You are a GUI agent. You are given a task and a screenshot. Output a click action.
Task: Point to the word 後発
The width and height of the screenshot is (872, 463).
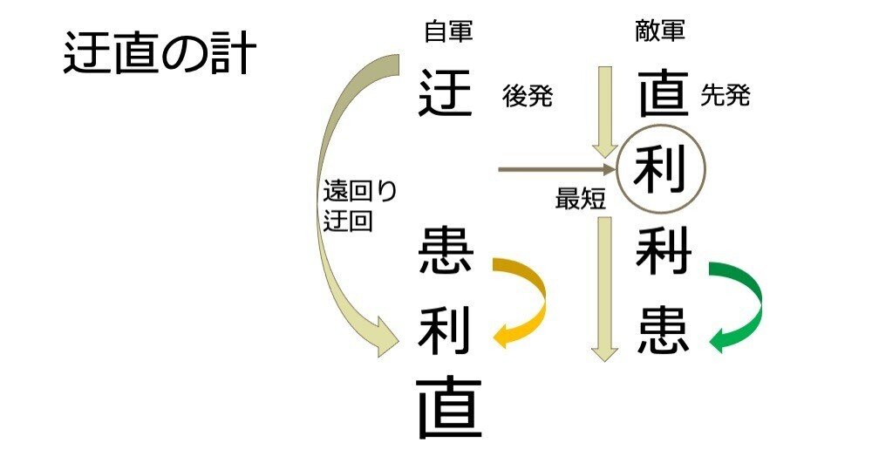pyautogui.click(x=528, y=96)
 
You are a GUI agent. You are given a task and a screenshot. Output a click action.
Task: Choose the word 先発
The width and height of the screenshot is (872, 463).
pyautogui.click(x=726, y=96)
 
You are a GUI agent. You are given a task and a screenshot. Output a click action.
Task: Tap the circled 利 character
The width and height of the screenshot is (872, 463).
pyautogui.click(x=660, y=169)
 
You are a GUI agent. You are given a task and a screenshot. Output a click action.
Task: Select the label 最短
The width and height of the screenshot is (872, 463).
pyautogui.click(x=580, y=200)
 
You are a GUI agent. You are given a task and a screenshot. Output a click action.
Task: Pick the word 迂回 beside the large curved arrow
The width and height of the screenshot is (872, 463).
pyautogui.click(x=348, y=221)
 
